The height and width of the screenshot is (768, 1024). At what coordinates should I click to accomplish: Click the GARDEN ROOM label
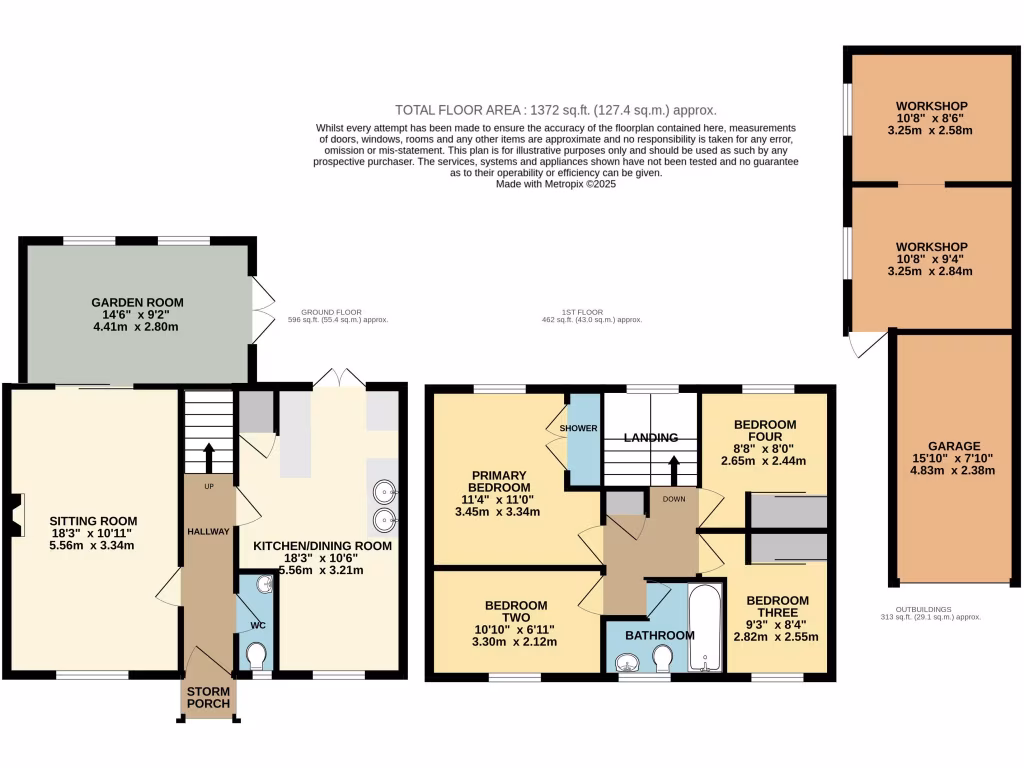pos(137,302)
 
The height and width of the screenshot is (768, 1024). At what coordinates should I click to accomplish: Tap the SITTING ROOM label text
pos(93,521)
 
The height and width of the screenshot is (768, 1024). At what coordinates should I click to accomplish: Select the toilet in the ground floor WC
pos(256,655)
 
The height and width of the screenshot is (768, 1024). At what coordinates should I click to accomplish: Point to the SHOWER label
pos(578,428)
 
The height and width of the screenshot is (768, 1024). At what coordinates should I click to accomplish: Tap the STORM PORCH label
pos(208,697)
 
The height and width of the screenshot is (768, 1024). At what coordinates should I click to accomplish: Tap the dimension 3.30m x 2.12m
pos(516,642)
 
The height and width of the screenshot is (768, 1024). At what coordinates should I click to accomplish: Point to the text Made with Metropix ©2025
pos(555,184)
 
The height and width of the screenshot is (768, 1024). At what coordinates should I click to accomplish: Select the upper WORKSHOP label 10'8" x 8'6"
pos(931,106)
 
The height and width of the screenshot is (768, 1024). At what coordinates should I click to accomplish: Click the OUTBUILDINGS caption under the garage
pos(924,608)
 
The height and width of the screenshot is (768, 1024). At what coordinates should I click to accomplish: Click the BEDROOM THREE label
pos(777,607)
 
